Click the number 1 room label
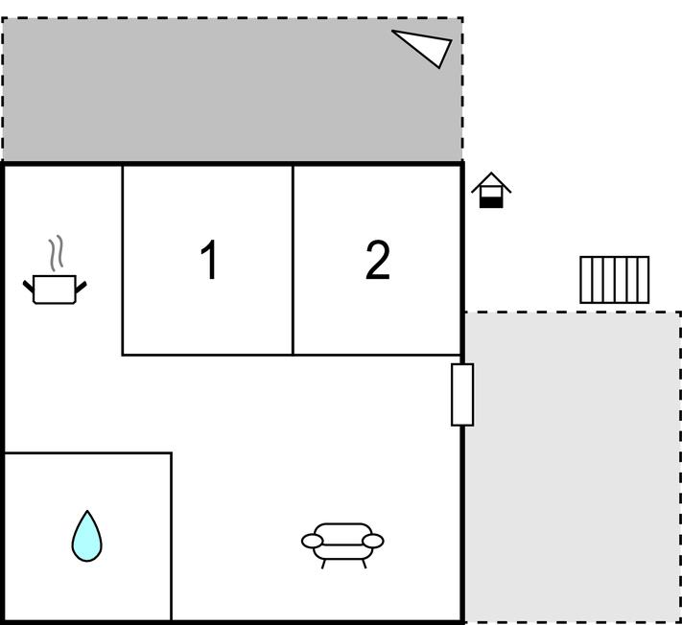(209, 260)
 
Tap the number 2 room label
(378, 260)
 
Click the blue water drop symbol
(87, 536)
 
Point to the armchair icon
(342, 545)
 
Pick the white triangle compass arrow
(426, 46)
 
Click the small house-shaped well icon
(491, 191)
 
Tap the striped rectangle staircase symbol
(615, 280)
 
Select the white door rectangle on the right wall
(462, 395)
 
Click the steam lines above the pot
(57, 252)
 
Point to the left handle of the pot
(28, 287)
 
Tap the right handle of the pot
(81, 287)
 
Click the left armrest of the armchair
(313, 541)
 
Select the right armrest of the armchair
(373, 541)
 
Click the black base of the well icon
(491, 202)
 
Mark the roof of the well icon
(491, 182)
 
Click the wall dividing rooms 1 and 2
(293, 260)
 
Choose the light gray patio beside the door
(573, 467)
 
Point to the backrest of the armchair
(342, 531)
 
